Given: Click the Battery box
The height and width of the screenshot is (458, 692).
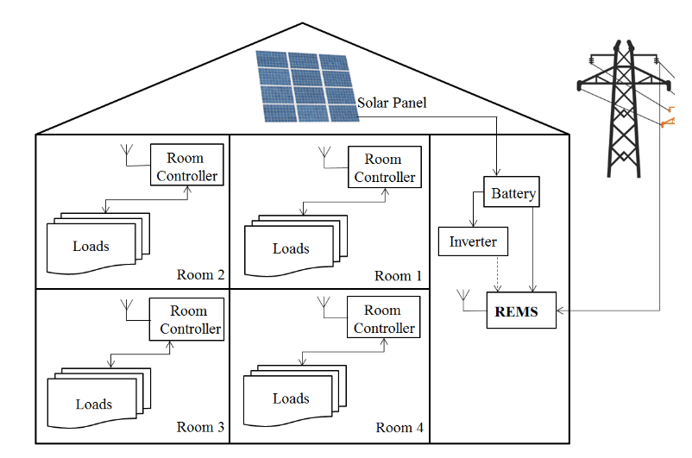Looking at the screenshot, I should click(513, 193).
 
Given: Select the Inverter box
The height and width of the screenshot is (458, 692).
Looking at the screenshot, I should click(473, 242).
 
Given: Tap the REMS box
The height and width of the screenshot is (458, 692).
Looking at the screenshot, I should click(517, 311).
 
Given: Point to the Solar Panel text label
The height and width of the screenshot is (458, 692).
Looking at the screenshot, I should click(392, 103).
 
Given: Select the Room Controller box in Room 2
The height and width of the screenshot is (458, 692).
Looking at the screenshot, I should click(186, 166).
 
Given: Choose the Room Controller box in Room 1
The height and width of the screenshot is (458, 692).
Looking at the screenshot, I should click(384, 167).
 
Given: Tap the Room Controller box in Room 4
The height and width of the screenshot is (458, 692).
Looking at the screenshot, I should click(384, 319).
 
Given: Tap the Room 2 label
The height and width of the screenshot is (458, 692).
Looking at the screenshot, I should click(200, 275).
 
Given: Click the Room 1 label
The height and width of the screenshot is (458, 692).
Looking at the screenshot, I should click(399, 276).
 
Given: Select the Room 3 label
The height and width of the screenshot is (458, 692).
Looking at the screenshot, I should click(200, 427).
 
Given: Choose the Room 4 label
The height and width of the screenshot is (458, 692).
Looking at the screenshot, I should click(399, 427).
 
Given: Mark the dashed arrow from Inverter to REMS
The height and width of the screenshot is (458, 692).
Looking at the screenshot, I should click(497, 274).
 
